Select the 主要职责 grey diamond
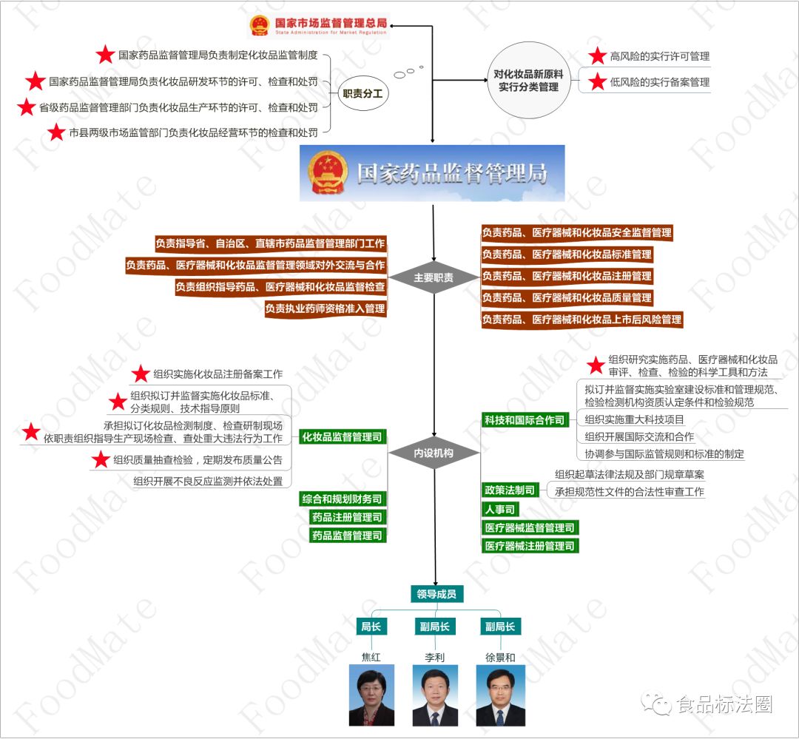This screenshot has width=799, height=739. pos(434,278)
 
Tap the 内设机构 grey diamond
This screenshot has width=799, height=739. pos(434,453)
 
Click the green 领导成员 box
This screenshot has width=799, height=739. pos(436,594)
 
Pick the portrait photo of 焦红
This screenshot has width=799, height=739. pos(371,695)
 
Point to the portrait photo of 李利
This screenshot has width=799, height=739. pos(435,695)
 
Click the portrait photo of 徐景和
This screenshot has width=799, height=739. pos(500,695)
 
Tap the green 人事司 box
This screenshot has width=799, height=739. pos(500,509)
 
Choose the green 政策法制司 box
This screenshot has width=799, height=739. pos(509,490)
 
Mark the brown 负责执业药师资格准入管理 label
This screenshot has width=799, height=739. pos(326,308)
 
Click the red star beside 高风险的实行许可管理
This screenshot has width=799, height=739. pos(597,56)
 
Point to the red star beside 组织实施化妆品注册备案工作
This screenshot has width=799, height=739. pos(141,374)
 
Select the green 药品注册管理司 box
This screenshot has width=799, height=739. pos(348,517)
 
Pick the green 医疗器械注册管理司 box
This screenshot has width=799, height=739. pos(530,546)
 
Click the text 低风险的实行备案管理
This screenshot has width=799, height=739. pos(660,82)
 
